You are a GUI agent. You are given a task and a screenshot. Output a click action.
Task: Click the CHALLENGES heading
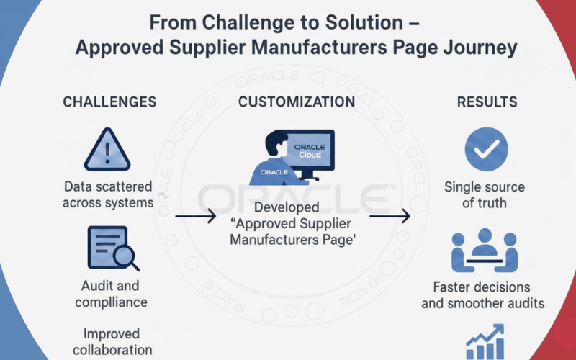[109, 102]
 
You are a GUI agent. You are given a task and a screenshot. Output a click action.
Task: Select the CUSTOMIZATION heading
[296, 102]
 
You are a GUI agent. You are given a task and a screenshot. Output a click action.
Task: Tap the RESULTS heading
[487, 102]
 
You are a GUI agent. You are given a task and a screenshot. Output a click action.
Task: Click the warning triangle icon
[107, 150]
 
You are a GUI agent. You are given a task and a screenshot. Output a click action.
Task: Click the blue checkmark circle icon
[486, 149]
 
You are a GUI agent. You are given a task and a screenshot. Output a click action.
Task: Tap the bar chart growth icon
[485, 342]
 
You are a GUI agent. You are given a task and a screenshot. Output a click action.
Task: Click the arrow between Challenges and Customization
[196, 215]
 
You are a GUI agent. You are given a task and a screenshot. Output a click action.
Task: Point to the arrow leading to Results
[390, 215]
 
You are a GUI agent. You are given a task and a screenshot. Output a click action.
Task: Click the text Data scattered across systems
[107, 194]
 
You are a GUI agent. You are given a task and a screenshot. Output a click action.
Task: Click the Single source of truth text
[484, 194]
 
